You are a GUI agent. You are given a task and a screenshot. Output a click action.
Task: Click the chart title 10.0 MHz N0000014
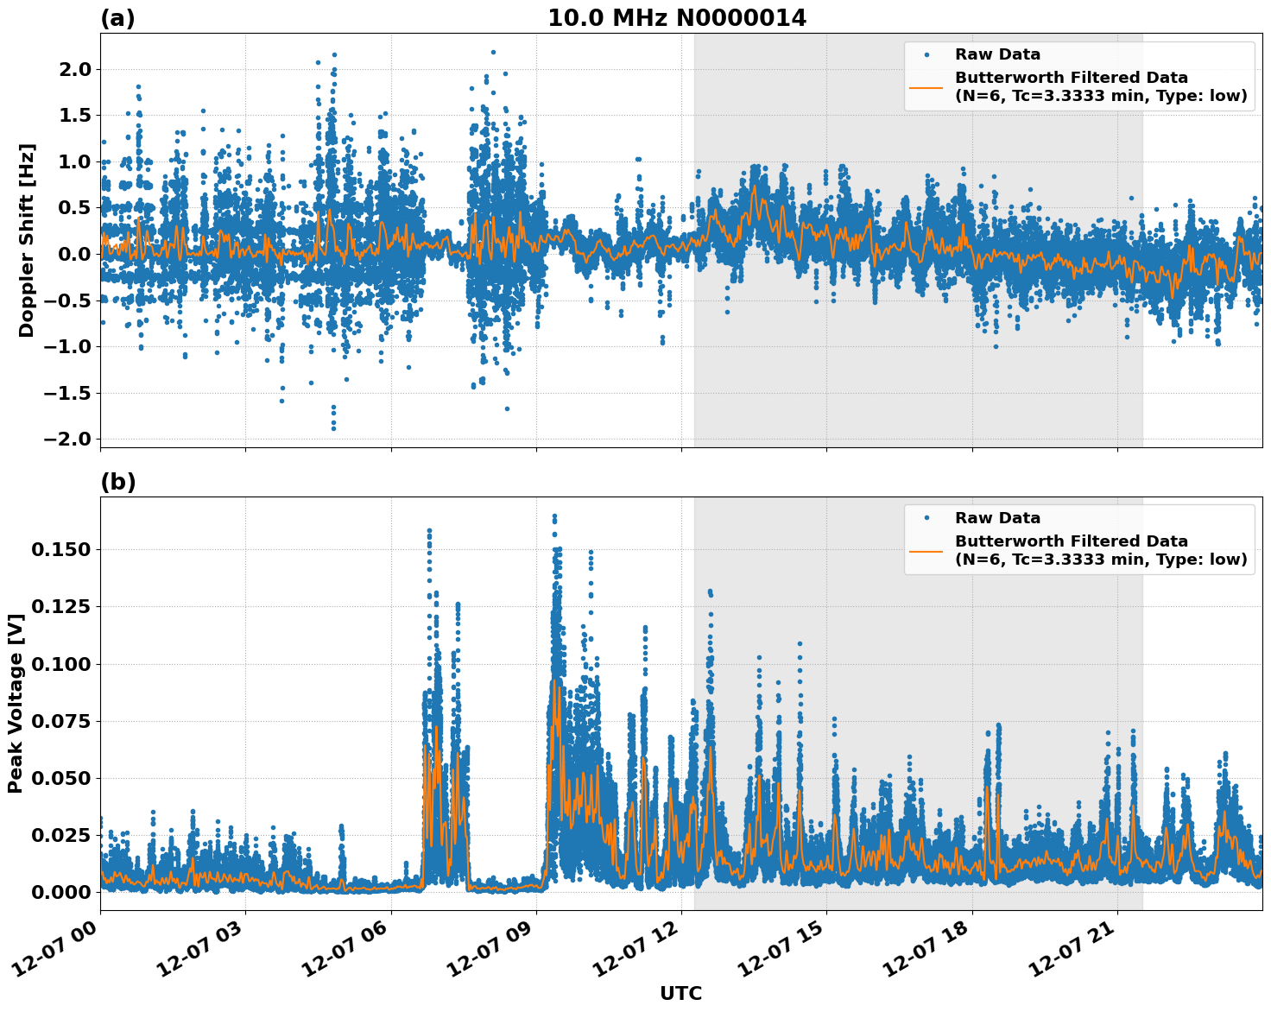pyautogui.click(x=676, y=18)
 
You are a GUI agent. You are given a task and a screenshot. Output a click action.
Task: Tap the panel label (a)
pyautogui.click(x=117, y=18)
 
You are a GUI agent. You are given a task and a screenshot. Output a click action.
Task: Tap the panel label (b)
pyautogui.click(x=117, y=482)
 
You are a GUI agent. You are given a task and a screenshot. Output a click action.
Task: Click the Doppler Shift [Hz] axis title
pyautogui.click(x=27, y=240)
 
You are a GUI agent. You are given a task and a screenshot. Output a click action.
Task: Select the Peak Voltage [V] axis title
pyautogui.click(x=15, y=704)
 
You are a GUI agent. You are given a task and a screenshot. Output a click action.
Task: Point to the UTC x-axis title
pyautogui.click(x=680, y=993)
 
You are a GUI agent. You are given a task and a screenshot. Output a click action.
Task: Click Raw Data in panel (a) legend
pyautogui.click(x=997, y=54)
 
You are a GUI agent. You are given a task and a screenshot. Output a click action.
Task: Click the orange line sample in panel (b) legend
pyautogui.click(x=926, y=550)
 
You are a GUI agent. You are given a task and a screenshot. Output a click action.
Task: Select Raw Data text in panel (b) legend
pyautogui.click(x=997, y=518)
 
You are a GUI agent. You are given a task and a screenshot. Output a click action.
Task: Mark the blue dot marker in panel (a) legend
pyautogui.click(x=926, y=54)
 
